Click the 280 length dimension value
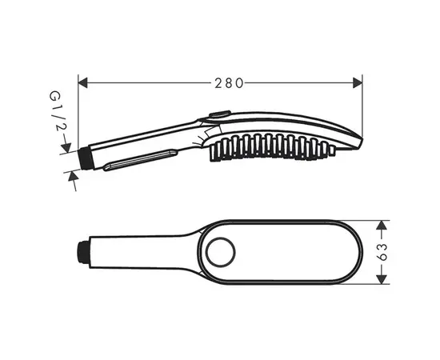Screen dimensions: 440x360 point(229,83)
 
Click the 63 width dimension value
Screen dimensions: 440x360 point(382,252)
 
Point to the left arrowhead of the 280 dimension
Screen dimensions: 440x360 point(82,83)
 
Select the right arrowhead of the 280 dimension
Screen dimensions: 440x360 point(358,83)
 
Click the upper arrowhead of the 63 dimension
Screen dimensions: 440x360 point(382,226)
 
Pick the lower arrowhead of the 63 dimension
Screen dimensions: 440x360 point(382,279)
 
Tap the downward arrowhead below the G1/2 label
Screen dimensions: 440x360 point(66,147)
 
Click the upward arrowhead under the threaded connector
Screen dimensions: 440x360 point(73,177)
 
